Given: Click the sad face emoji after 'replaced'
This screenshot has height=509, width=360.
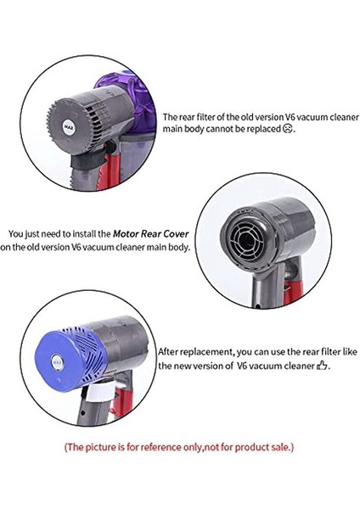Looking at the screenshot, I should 289,130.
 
